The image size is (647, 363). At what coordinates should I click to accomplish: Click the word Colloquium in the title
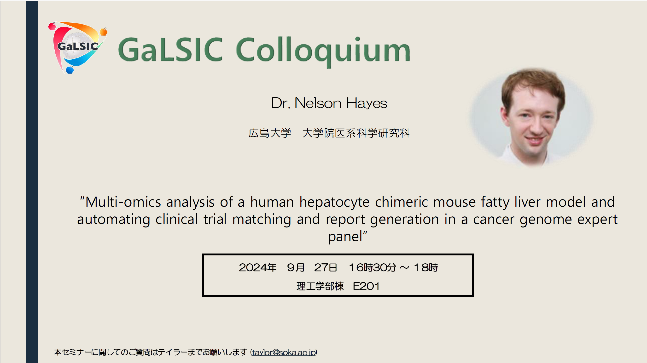[x=323, y=51]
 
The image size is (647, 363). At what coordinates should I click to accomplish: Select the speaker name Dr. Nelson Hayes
[x=329, y=103]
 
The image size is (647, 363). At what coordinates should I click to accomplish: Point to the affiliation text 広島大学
[x=270, y=133]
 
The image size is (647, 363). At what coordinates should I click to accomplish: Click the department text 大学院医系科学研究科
[x=356, y=133]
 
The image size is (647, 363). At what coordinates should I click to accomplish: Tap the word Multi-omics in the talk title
[x=123, y=202]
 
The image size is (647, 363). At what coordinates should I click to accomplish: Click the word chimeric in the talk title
[x=401, y=202]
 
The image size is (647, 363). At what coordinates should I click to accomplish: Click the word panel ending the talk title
[x=345, y=237]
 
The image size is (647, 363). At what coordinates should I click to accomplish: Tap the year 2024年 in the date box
[x=257, y=267]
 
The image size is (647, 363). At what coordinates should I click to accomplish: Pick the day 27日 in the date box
[x=326, y=267]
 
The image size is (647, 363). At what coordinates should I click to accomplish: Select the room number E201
[x=366, y=286]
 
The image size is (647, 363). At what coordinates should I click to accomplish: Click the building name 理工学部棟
[x=320, y=286]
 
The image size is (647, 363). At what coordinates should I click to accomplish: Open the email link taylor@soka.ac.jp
[x=284, y=352]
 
